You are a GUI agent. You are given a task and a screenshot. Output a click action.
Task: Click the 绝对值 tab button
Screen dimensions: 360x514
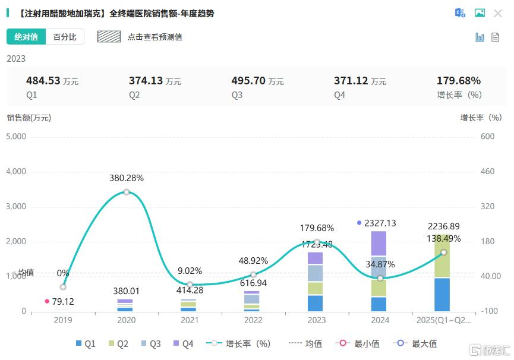click(26, 37)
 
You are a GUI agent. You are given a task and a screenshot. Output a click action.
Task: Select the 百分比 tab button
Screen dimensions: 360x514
click(65, 37)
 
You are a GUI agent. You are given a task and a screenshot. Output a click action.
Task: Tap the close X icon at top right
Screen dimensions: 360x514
click(498, 13)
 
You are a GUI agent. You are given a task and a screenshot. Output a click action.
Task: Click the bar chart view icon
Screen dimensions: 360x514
click(480, 37)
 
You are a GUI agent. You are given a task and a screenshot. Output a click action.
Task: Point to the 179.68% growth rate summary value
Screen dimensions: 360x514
click(459, 81)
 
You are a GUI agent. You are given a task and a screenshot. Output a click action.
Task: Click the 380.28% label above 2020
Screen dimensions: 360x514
click(126, 178)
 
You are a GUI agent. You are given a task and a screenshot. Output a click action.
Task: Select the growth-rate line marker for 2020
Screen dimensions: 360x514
click(127, 192)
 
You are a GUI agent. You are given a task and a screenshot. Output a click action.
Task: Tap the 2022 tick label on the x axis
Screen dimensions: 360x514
click(253, 321)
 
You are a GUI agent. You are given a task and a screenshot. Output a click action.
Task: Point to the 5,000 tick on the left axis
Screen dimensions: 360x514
click(17, 137)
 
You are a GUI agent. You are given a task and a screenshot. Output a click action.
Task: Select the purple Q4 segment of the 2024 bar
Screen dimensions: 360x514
click(379, 243)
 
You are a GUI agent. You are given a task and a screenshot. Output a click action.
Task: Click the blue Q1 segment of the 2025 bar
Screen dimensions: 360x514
click(442, 295)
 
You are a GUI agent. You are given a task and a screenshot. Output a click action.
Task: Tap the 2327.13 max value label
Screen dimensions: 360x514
click(380, 223)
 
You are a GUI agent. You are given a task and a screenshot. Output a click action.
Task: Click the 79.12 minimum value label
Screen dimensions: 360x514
click(63, 301)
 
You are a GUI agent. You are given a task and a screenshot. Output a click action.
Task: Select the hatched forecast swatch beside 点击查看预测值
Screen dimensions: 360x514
click(109, 37)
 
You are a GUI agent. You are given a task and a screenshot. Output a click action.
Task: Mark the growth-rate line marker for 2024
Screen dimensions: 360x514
click(380, 278)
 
